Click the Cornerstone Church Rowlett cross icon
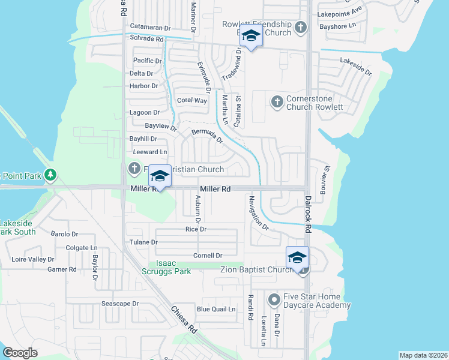pyautogui.click(x=277, y=101)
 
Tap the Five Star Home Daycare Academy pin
pyautogui.click(x=274, y=298)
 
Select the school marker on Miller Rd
pyautogui.click(x=160, y=176)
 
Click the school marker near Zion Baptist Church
pyautogui.click(x=297, y=257)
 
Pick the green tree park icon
pyautogui.click(x=51, y=175)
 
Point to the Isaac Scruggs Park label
pyautogui.click(x=173, y=267)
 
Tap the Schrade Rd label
pyautogui.click(x=147, y=38)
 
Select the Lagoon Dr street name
pyautogui.click(x=145, y=112)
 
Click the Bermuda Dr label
pyautogui.click(x=207, y=136)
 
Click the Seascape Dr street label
pyautogui.click(x=120, y=304)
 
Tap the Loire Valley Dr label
pyautogui.click(x=33, y=260)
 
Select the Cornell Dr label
pyautogui.click(x=208, y=256)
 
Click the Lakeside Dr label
pyautogui.click(x=355, y=66)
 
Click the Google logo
pyautogui.click(x=20, y=353)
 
